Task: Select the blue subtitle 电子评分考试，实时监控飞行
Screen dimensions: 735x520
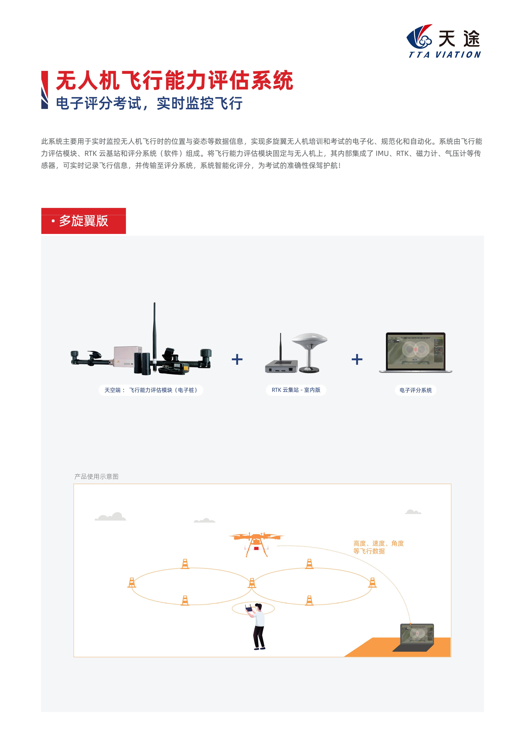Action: pyautogui.click(x=149, y=103)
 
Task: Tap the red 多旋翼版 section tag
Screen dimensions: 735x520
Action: pyautogui.click(x=83, y=221)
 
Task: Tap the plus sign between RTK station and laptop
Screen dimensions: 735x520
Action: pyautogui.click(x=357, y=359)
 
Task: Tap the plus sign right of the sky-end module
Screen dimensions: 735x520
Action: pyautogui.click(x=237, y=359)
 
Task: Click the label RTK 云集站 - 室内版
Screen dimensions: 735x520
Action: pyautogui.click(x=296, y=390)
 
